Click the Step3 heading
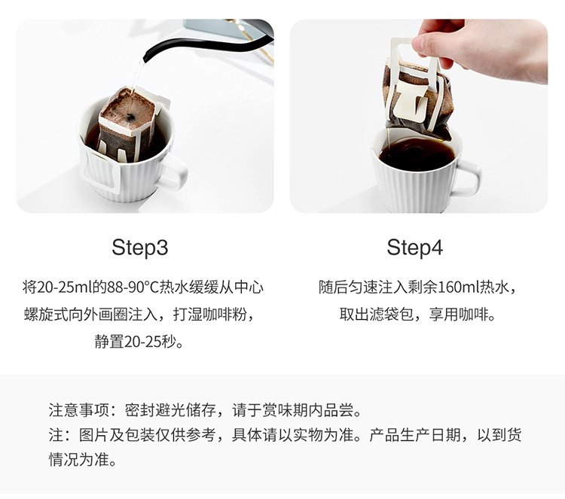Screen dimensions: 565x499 [140, 248]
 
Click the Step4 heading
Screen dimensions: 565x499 [415, 248]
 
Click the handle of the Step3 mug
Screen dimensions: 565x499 [175, 172]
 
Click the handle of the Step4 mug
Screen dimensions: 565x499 [468, 178]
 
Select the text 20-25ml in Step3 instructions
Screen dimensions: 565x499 [65, 288]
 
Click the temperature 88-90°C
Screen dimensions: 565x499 [133, 288]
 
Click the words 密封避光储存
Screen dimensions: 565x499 [170, 410]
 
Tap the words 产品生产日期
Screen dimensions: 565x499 [415, 435]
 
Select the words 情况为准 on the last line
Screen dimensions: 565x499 [79, 460]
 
